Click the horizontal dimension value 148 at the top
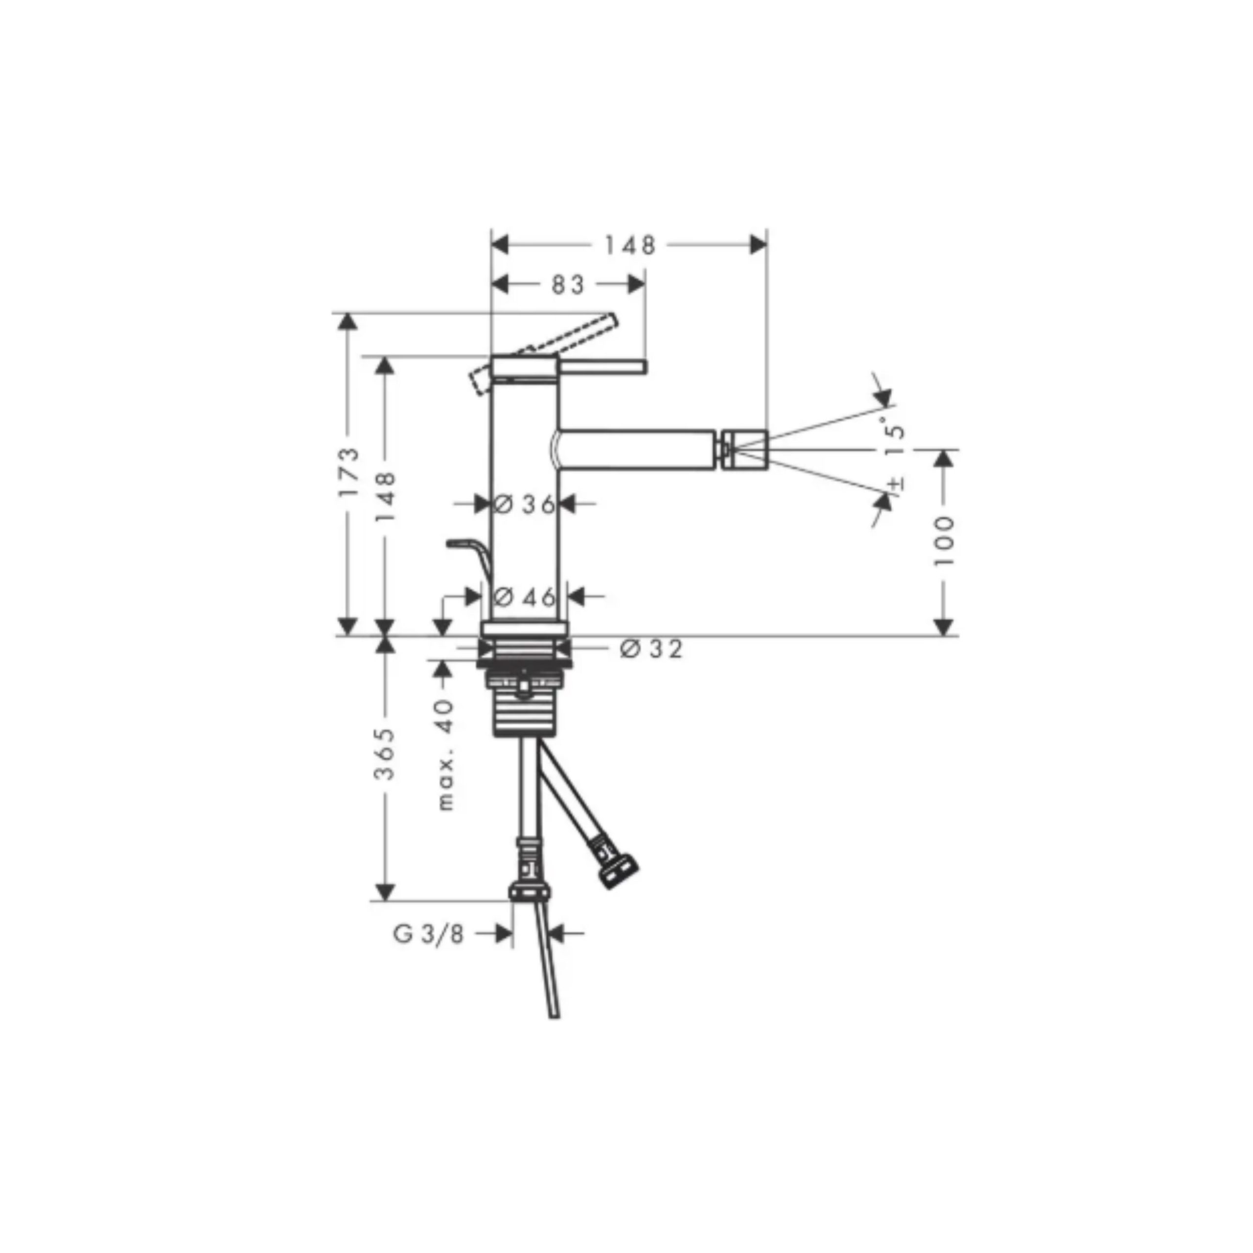click(x=630, y=245)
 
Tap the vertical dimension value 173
click(x=349, y=471)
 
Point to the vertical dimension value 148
click(x=385, y=497)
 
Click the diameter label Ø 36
click(x=524, y=504)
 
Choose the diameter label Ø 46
click(x=524, y=596)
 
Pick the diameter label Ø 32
click(x=651, y=649)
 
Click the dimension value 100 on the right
click(x=944, y=541)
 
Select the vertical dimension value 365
click(x=385, y=754)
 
